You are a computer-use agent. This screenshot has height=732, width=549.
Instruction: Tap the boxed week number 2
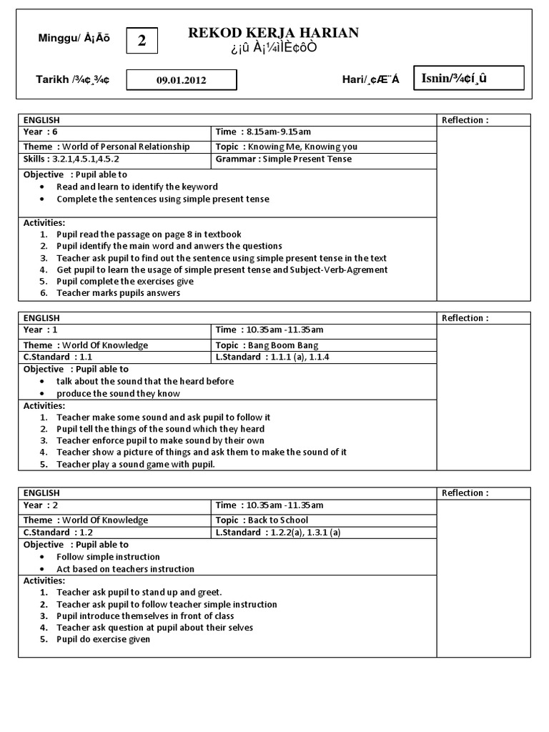pyautogui.click(x=142, y=41)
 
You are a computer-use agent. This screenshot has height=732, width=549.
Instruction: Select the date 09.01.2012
pyautogui.click(x=182, y=80)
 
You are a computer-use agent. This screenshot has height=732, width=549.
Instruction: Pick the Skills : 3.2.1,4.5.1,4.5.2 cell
pyautogui.click(x=71, y=159)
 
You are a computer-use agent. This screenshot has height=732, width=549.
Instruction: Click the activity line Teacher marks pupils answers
pyautogui.click(x=119, y=292)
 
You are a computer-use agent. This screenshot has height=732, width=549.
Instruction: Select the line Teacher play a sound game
pyautogui.click(x=136, y=464)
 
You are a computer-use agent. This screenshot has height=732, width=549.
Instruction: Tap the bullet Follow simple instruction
pyautogui.click(x=108, y=557)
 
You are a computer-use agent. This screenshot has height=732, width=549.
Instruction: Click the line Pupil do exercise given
pyautogui.click(x=104, y=640)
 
